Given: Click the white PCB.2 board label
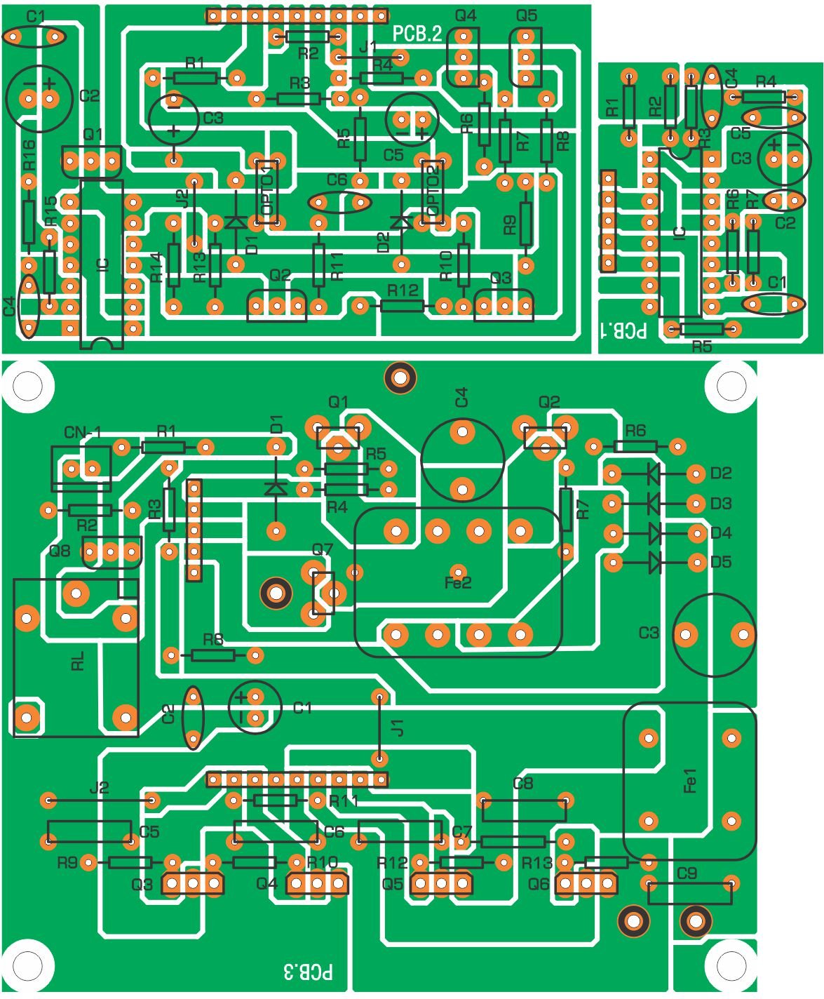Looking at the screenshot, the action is pyautogui.click(x=417, y=34).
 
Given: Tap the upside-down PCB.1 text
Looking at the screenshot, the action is pyautogui.click(x=623, y=330).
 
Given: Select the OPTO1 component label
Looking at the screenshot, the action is pyautogui.click(x=267, y=192).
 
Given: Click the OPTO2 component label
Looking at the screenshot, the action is pyautogui.click(x=432, y=192).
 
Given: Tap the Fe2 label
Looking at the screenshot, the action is pyautogui.click(x=458, y=582).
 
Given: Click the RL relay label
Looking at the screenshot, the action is pyautogui.click(x=78, y=661).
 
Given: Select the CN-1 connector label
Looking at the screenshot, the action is pyautogui.click(x=82, y=433).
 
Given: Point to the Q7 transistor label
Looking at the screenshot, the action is pyautogui.click(x=323, y=549).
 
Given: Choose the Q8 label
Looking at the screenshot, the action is pyautogui.click(x=60, y=551).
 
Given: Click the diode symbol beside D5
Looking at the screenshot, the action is pyautogui.click(x=655, y=562).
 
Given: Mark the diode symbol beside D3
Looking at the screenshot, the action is pyautogui.click(x=654, y=503).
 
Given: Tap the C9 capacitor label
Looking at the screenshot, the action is pyautogui.click(x=687, y=873).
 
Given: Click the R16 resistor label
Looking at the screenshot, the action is pyautogui.click(x=29, y=154).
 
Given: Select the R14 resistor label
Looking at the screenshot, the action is pyautogui.click(x=157, y=267).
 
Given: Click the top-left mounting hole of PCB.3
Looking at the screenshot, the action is pyautogui.click(x=27, y=385).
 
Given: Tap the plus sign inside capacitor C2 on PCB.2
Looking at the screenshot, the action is pyautogui.click(x=49, y=83).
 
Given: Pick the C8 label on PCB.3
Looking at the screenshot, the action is pyautogui.click(x=522, y=783).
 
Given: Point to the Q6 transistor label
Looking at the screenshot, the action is pyautogui.click(x=539, y=884).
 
